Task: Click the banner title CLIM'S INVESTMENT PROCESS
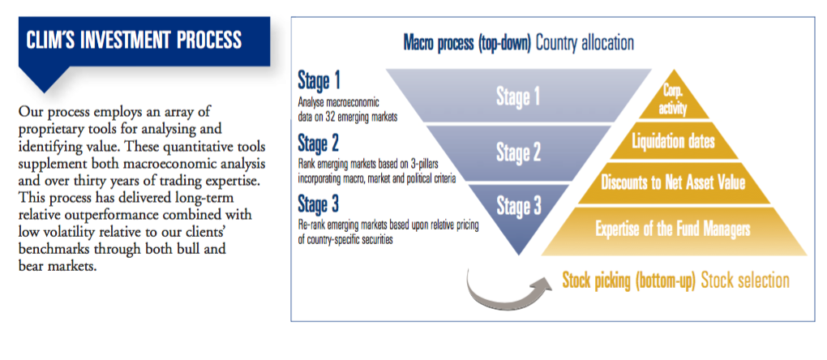point(134,41)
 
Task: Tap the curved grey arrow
point(501,298)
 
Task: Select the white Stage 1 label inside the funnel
point(518,97)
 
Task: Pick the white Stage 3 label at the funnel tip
point(518,206)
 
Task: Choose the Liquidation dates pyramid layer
point(674,141)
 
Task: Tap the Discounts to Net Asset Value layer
point(674,183)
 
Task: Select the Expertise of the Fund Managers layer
point(674,230)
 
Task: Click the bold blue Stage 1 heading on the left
point(319,80)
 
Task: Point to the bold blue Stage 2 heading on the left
point(319,143)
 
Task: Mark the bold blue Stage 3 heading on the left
point(319,204)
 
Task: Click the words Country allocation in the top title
point(585,43)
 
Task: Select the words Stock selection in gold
point(745,281)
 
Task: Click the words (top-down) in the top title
point(505,43)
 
